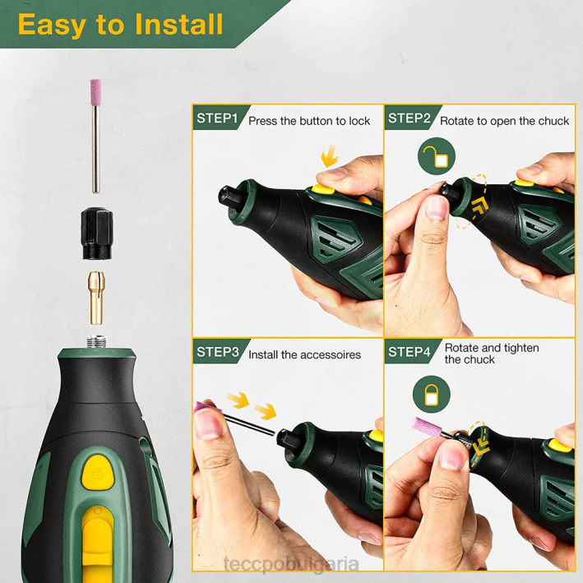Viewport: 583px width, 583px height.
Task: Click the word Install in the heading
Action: click(178, 25)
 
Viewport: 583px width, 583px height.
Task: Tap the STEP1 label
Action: click(217, 118)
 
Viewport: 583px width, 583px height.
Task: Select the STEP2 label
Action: click(409, 118)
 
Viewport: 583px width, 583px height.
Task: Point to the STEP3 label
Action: click(218, 352)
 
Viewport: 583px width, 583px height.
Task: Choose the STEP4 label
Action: click(409, 352)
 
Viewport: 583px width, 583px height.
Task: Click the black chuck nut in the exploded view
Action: click(97, 234)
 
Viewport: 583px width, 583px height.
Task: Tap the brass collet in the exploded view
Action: click(96, 298)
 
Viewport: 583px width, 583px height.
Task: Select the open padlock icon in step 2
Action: click(437, 156)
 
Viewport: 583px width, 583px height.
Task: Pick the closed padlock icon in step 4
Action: click(432, 394)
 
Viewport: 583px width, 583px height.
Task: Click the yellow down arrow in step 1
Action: click(330, 156)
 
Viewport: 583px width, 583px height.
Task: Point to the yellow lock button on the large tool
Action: click(97, 472)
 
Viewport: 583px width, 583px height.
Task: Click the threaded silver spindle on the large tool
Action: click(97, 341)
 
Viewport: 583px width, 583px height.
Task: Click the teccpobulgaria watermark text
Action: click(291, 564)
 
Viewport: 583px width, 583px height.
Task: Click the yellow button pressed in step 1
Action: click(322, 189)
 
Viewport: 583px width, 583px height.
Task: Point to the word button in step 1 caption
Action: click(317, 121)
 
